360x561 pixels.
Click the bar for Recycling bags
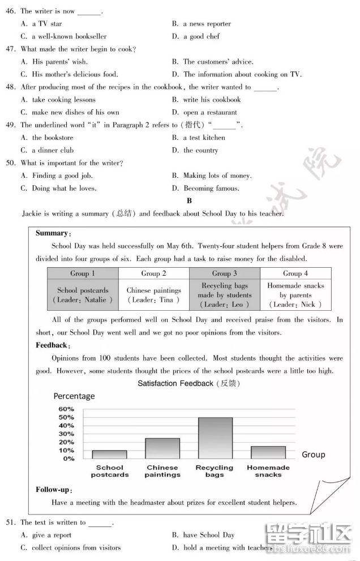point(215,438)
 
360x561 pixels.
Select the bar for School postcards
point(109,454)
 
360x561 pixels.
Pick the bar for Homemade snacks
point(268,452)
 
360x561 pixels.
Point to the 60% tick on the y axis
point(66,409)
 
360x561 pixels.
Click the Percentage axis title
point(74,396)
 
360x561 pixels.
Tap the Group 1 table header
point(83,273)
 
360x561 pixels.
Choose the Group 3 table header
point(224,273)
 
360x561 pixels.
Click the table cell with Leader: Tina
point(153,296)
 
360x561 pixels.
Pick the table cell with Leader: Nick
point(295,296)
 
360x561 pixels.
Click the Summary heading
point(53,233)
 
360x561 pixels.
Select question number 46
point(10,11)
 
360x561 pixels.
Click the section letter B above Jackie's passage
point(190,201)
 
